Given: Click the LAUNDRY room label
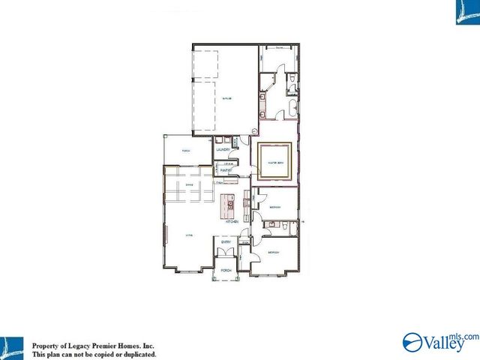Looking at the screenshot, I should [223, 150].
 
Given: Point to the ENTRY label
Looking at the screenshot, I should [225, 241].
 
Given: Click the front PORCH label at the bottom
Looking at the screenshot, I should [224, 270].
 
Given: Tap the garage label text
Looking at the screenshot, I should [226, 97].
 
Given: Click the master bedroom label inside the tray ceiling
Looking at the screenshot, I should [274, 160].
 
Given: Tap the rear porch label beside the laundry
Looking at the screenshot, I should [185, 151].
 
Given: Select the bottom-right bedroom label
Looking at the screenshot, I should [274, 253].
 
